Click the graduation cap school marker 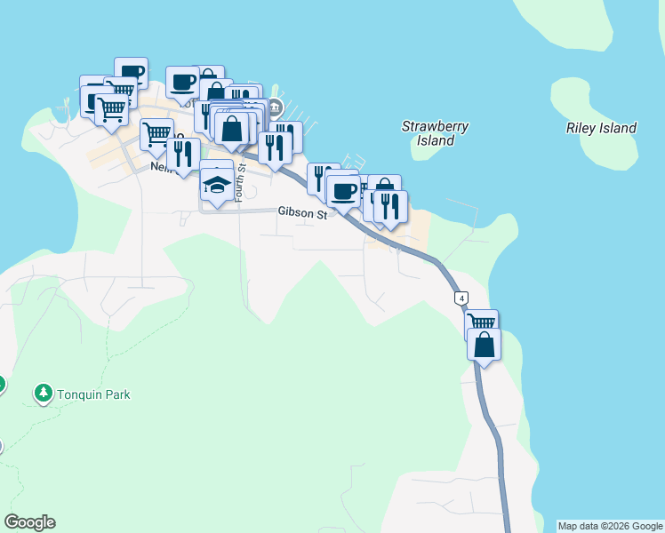click(217, 184)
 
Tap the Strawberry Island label click(435, 133)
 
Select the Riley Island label click(601, 128)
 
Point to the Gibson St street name click(303, 212)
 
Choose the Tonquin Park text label click(94, 394)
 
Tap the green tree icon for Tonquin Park click(42, 392)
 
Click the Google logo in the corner click(29, 522)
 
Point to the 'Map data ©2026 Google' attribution click(609, 526)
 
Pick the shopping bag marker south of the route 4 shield click(484, 344)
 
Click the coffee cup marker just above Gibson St click(343, 190)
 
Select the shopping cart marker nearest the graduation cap click(156, 134)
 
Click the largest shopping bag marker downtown click(231, 128)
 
